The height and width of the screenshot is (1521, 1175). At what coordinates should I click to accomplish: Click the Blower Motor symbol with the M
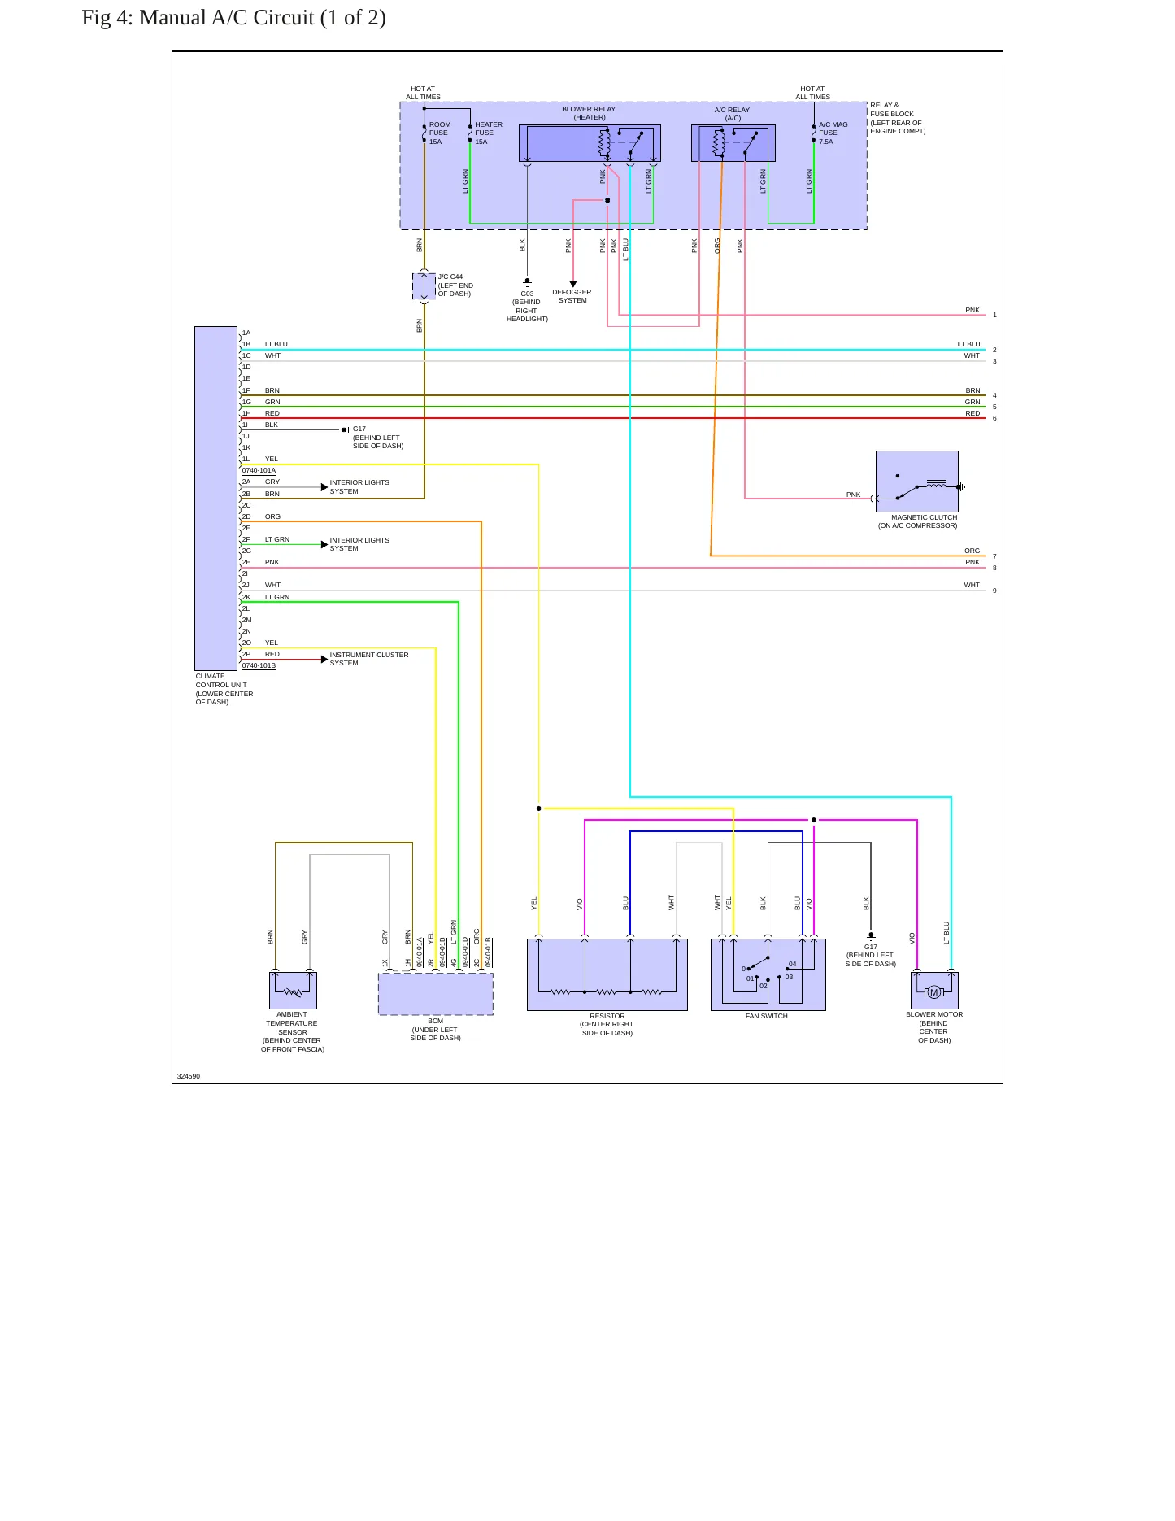934,991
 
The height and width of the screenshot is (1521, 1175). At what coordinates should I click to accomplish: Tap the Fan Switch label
767,1016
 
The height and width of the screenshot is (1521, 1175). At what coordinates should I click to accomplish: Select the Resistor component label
607,1024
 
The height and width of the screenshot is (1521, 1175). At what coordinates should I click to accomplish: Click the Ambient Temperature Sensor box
293,991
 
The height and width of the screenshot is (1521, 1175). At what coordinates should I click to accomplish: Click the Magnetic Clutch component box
917,482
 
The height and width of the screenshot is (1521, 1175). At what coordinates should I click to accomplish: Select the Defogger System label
572,296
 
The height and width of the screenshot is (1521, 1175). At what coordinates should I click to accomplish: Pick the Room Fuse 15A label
440,133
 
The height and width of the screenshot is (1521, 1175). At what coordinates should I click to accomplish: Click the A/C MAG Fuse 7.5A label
833,133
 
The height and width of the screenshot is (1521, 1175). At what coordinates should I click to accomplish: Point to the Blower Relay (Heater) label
589,113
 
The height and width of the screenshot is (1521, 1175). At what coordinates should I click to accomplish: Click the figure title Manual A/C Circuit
234,17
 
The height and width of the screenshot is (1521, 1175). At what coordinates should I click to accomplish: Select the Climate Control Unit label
224,689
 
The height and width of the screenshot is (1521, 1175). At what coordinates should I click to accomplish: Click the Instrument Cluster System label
369,659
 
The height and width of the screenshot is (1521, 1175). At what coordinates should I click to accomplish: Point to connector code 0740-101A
259,470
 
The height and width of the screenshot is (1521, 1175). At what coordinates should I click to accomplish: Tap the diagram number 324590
189,1076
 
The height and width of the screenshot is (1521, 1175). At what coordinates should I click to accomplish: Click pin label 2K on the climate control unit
246,597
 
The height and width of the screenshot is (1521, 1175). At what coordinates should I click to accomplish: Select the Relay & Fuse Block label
898,118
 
